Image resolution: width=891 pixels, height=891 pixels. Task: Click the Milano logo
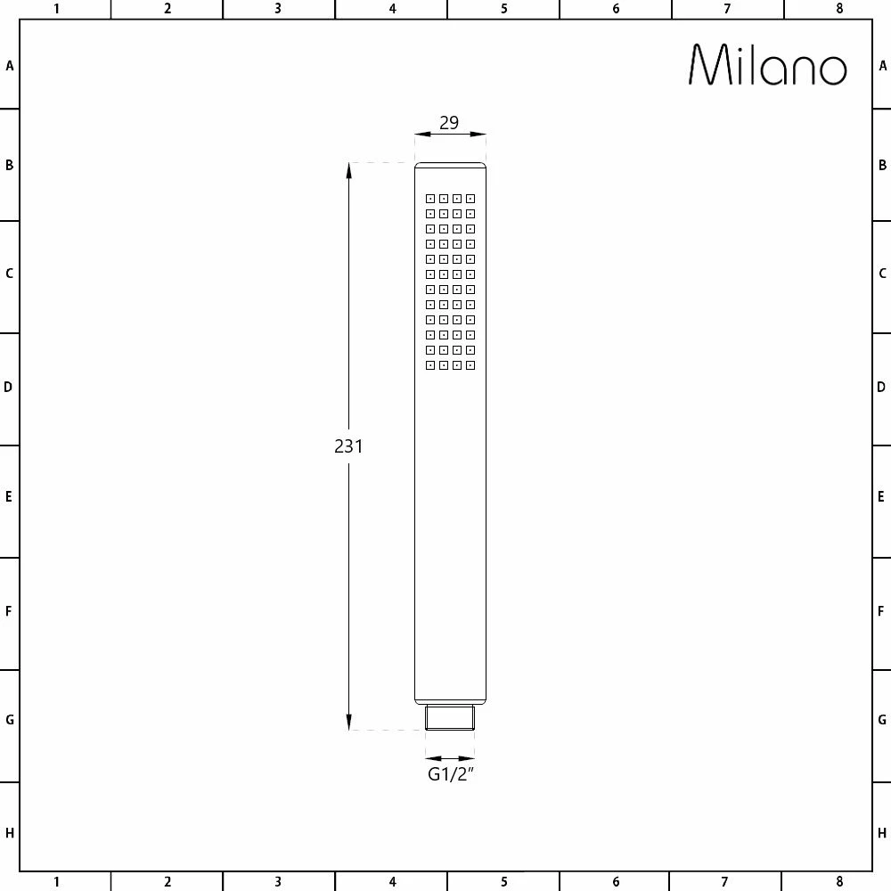pos(767,65)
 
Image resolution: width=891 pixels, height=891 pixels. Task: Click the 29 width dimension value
pos(449,123)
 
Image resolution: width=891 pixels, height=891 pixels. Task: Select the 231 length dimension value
pos(348,446)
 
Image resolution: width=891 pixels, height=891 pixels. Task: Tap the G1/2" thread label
pos(450,774)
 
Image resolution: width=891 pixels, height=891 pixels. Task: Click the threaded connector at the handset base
pos(450,717)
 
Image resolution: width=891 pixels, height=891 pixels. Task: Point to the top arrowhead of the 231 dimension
pos(349,170)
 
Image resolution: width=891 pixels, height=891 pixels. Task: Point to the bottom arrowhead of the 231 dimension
pos(349,723)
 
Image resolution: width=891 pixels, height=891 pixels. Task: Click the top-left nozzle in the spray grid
pos(429,199)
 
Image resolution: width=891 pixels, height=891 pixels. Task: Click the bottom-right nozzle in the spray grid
pos(470,365)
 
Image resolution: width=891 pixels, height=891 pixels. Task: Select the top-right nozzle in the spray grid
pos(470,199)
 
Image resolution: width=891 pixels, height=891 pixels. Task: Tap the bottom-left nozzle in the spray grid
pos(429,365)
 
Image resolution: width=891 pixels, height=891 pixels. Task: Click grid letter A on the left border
pos(10,66)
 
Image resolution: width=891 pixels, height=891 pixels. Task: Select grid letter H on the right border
pos(882,833)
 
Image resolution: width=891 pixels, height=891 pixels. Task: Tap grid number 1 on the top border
pos(56,9)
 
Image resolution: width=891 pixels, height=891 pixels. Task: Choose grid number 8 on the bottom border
pos(839,882)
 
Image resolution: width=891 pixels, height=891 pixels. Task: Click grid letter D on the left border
pos(9,387)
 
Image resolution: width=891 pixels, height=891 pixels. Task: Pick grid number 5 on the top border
pos(503,9)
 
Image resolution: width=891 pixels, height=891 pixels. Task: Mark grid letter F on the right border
pos(882,611)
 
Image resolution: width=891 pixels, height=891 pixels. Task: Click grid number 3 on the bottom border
pos(278,882)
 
